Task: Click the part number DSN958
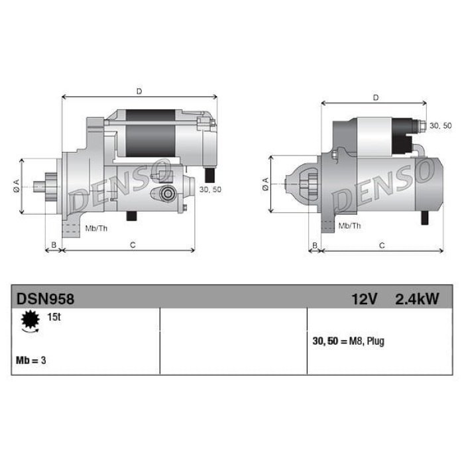45,299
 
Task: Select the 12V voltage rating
365,299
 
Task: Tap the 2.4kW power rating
417,299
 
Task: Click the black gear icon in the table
30,320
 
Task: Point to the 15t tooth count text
54,317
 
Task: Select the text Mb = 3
31,360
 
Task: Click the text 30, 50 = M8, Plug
348,341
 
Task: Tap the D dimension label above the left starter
139,91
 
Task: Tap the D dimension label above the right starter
376,97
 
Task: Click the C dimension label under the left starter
133,245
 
